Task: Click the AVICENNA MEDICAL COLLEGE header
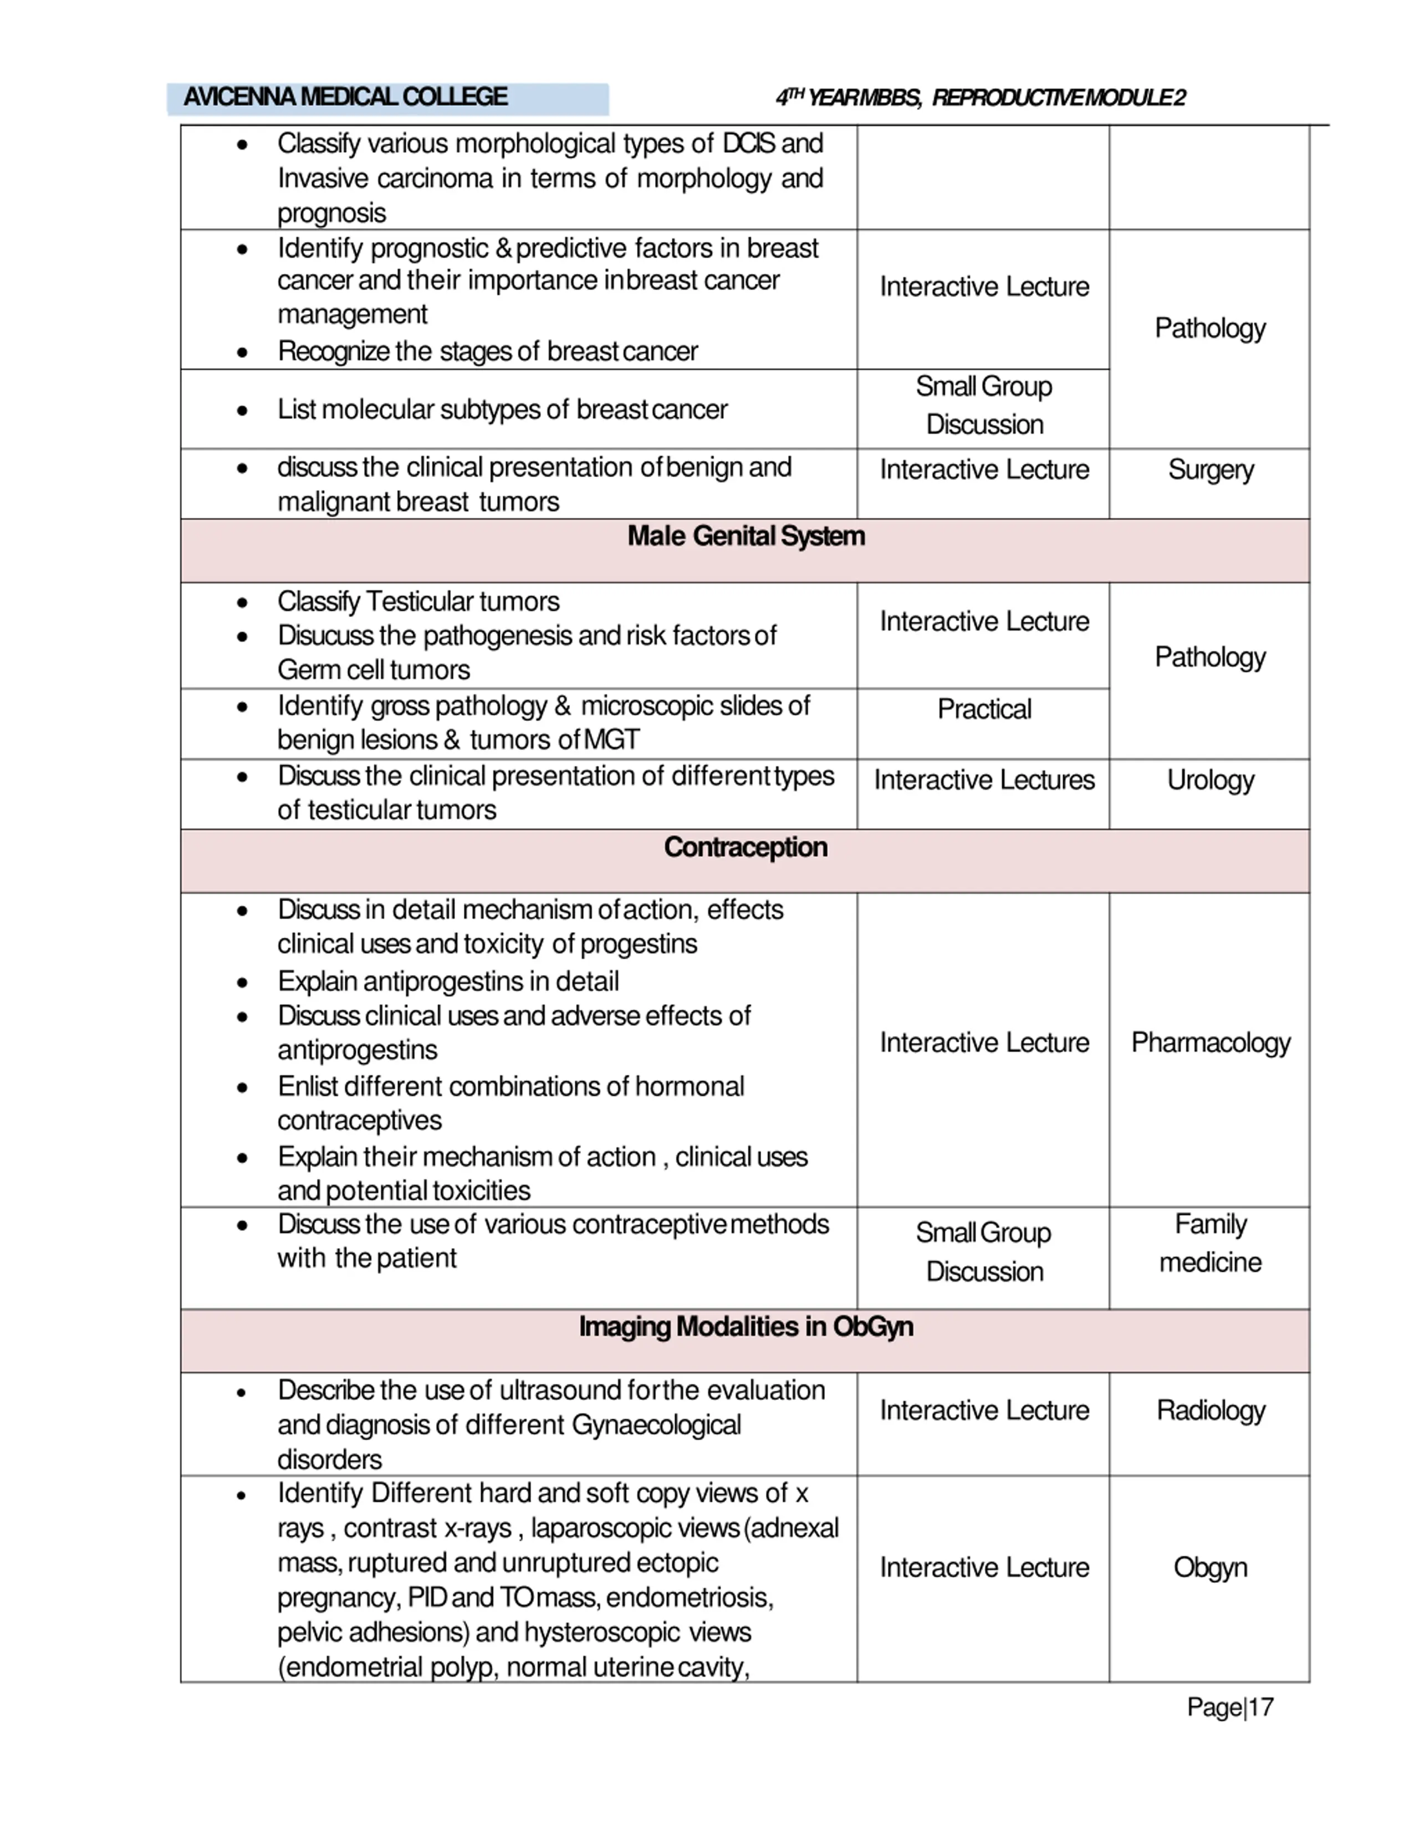[x=345, y=98]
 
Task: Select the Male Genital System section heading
[x=746, y=536]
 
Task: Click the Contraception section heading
[x=746, y=847]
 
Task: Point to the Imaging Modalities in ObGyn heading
[x=746, y=1327]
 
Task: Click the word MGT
[x=611, y=740]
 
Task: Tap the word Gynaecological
[x=656, y=1425]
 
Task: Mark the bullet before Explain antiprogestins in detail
[x=242, y=982]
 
